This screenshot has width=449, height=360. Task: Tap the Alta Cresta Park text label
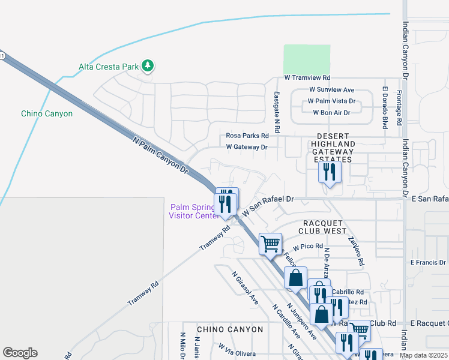coord(109,67)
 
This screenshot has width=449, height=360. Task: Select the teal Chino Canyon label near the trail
coord(47,113)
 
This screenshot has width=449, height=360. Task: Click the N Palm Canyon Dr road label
coord(160,155)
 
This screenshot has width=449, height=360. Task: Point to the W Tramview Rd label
coord(307,78)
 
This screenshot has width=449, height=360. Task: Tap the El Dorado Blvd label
coord(384,107)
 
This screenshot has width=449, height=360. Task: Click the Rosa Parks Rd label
coord(247,136)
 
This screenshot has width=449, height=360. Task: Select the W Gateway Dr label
coord(246,147)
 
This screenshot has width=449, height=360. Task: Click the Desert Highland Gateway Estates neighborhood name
coord(333,152)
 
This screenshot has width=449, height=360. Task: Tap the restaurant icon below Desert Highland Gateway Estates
coord(330,172)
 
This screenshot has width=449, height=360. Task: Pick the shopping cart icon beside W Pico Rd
coord(271,244)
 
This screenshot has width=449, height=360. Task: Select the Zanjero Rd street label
coord(356,250)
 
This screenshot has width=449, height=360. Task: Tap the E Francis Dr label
coord(429,263)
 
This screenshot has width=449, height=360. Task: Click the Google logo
coord(20,353)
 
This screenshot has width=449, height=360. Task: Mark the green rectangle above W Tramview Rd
coord(307,59)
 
